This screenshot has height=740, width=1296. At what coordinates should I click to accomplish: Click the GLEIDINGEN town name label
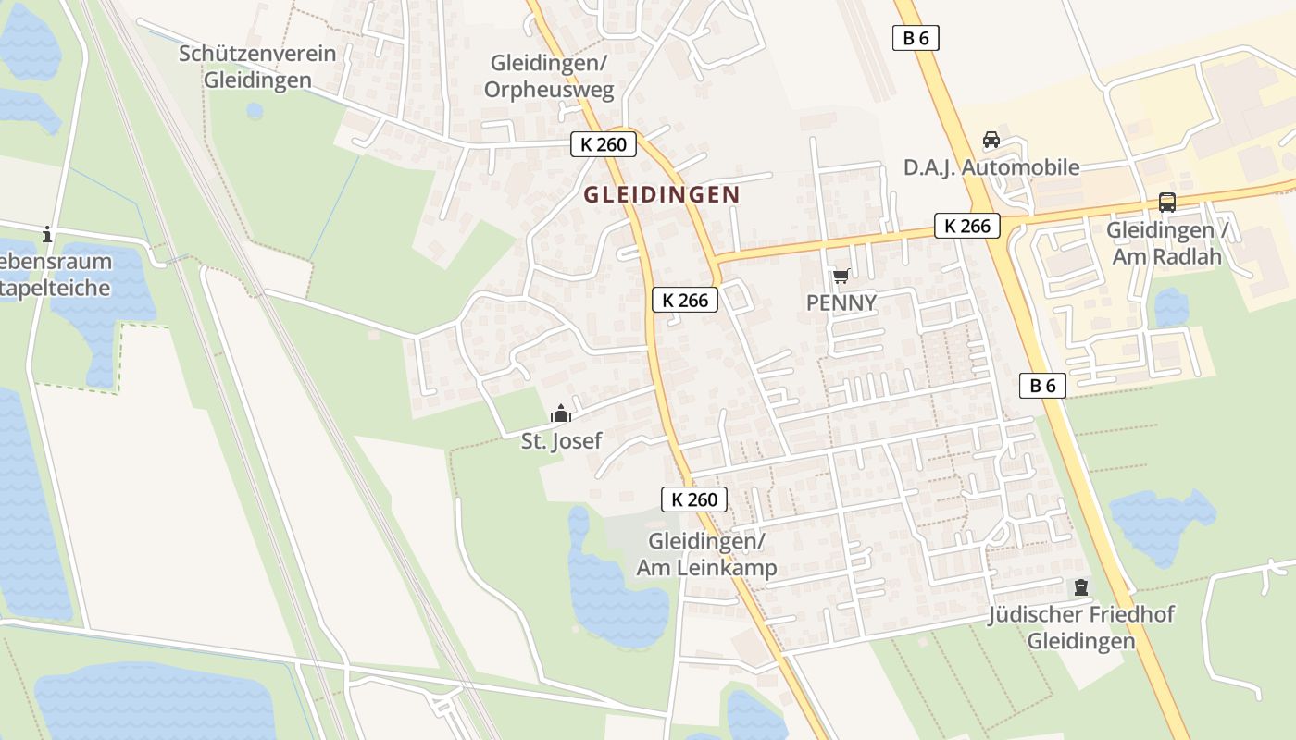tap(662, 195)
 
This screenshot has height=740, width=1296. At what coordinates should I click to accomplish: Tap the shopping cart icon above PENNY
tap(841, 276)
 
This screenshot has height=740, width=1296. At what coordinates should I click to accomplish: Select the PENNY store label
tap(841, 302)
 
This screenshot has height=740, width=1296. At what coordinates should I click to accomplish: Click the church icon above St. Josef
tap(561, 413)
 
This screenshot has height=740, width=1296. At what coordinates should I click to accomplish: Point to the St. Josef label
tap(561, 441)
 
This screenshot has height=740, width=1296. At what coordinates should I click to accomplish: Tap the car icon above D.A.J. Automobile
tap(991, 140)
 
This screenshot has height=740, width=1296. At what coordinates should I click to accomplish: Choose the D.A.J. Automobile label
tap(991, 167)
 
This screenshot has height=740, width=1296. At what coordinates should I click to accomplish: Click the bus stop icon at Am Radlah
tap(1167, 202)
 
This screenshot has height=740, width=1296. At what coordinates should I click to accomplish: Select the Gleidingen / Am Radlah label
tap(1167, 242)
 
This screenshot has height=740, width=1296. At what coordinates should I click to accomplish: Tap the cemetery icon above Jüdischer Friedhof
tap(1080, 586)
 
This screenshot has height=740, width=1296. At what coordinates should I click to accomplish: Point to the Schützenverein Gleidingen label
tap(257, 66)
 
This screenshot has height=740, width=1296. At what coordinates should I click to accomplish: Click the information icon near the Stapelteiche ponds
tap(47, 235)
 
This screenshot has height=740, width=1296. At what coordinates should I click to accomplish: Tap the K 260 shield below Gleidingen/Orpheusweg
tap(603, 144)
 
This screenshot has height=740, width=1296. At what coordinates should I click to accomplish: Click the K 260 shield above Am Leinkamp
tap(694, 499)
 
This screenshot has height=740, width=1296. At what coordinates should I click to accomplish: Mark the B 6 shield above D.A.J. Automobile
tap(916, 38)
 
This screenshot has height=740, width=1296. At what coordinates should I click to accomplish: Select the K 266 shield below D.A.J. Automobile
tap(967, 226)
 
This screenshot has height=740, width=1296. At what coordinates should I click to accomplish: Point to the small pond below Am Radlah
tap(1170, 307)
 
